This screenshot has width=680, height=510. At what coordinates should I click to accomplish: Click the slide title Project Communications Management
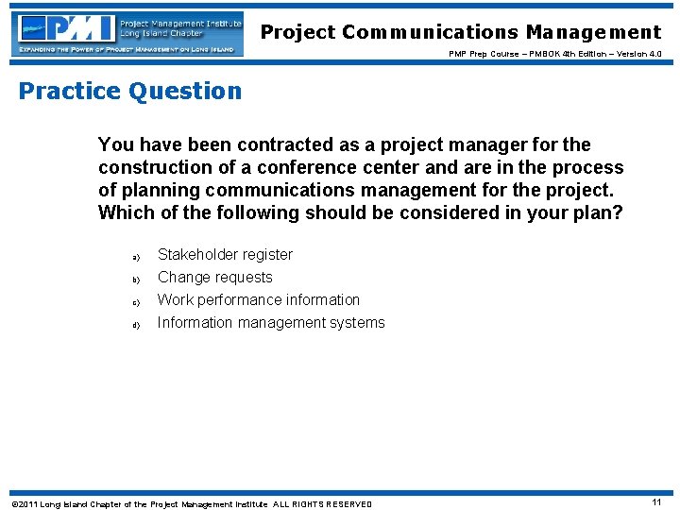pos(461,33)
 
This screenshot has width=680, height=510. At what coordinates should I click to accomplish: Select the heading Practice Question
pos(130,92)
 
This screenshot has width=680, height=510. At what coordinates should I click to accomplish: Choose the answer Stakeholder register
pos(225,255)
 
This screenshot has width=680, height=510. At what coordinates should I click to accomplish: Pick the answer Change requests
pos(214,278)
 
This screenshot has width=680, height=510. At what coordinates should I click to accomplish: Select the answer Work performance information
pos(258,300)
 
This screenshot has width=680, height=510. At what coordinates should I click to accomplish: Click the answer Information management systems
pos(271,323)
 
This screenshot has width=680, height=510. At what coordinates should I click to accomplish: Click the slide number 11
pos(655,503)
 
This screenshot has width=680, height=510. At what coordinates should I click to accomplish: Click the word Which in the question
pos(125,213)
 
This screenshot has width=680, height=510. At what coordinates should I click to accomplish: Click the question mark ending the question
pos(618,213)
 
